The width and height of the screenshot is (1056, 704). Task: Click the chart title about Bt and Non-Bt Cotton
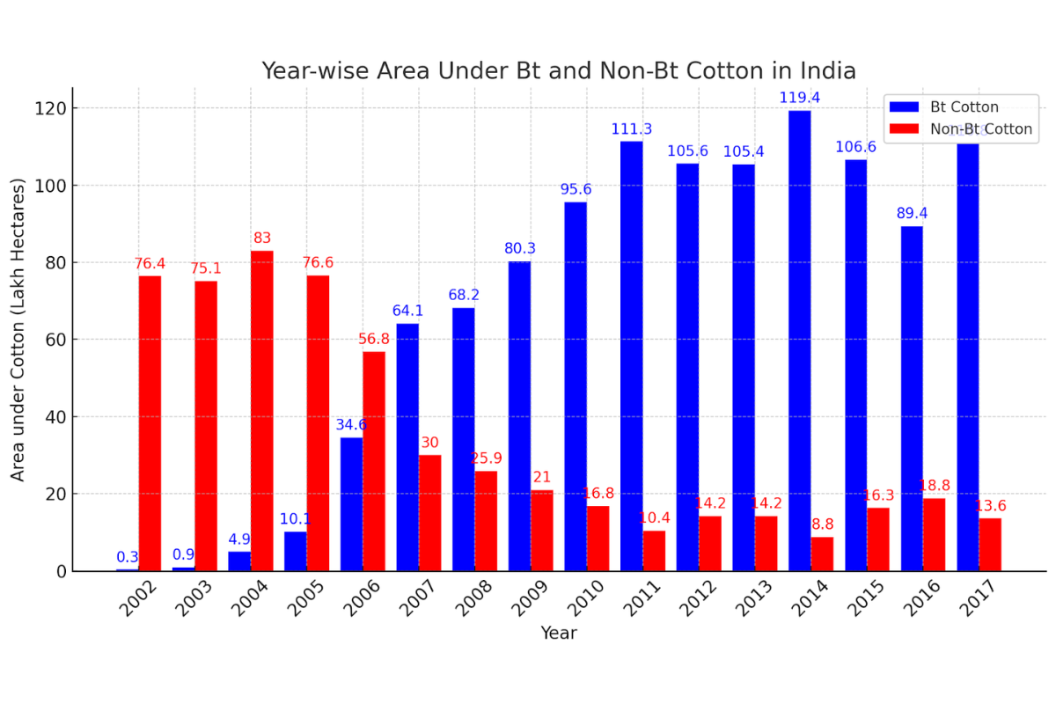pyautogui.click(x=558, y=70)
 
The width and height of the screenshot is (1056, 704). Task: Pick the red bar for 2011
pyautogui.click(x=654, y=551)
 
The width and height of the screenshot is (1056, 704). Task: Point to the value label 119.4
pyautogui.click(x=799, y=98)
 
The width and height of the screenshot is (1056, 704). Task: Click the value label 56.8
pyautogui.click(x=379, y=339)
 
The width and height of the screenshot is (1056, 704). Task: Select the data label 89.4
pyautogui.click(x=911, y=213)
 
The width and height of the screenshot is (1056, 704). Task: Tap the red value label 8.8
pyautogui.click(x=821, y=524)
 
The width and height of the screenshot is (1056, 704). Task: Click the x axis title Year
pyautogui.click(x=558, y=633)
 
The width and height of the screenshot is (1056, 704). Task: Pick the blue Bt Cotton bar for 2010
pyautogui.click(x=575, y=386)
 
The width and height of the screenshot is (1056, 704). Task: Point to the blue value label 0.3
pyautogui.click(x=128, y=557)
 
